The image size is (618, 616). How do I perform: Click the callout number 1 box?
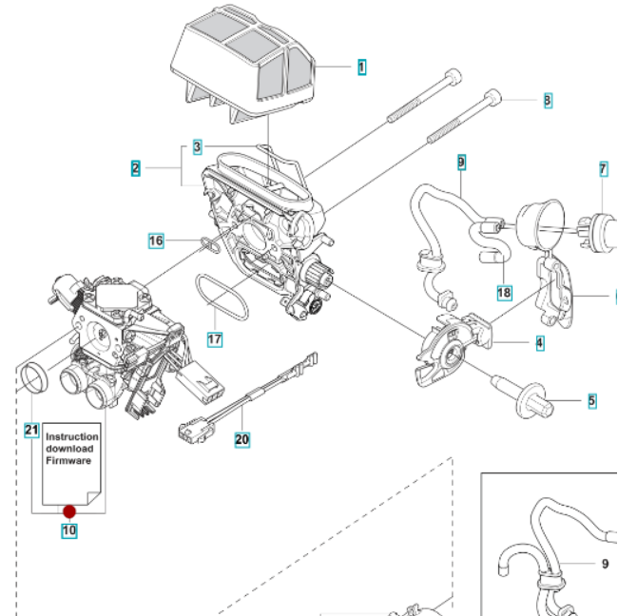pos(362,67)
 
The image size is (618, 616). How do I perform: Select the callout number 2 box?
pos(136,168)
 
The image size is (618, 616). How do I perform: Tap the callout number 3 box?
pos(197,146)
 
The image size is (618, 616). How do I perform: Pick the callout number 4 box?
pos(539,341)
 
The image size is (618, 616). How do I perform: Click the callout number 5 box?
pos(591,401)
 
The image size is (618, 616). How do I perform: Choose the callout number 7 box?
pos(602,169)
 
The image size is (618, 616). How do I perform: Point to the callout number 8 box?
pos(547,99)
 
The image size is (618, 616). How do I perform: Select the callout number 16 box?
pos(156,241)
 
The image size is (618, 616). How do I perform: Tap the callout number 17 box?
pos(214,338)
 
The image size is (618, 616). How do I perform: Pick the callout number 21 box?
pos(30,430)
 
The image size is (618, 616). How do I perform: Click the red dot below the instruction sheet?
pos(69,511)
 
